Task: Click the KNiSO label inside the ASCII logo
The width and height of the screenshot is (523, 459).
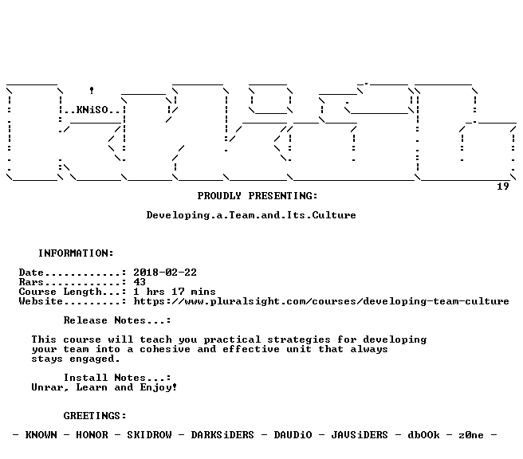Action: pos(92,110)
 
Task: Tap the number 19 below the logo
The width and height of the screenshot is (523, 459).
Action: pos(502,186)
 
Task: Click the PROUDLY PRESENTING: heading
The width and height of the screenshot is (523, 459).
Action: pos(258,196)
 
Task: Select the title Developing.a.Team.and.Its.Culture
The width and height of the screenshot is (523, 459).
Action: pos(251,215)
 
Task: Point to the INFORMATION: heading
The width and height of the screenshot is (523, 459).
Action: pos(76,253)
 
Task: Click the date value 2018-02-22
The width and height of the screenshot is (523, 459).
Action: pos(165,273)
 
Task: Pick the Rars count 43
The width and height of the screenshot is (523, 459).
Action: pos(140,282)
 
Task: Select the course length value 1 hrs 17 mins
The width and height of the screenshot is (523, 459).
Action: pos(175,292)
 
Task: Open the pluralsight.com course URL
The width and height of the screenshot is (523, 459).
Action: pos(321,301)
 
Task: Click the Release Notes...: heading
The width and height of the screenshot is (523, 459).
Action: pos(117,320)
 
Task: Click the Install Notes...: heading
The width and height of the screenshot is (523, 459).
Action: pos(117,378)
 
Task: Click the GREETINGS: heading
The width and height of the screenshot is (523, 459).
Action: pos(95,416)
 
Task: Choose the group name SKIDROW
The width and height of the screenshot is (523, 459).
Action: pos(149,435)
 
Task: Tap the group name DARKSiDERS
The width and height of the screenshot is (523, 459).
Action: pos(222,435)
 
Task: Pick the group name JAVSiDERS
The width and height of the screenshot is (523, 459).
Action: pos(360,435)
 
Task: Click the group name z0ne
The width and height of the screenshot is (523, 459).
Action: pos(471,435)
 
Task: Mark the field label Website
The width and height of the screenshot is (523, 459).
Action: pos(41,301)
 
